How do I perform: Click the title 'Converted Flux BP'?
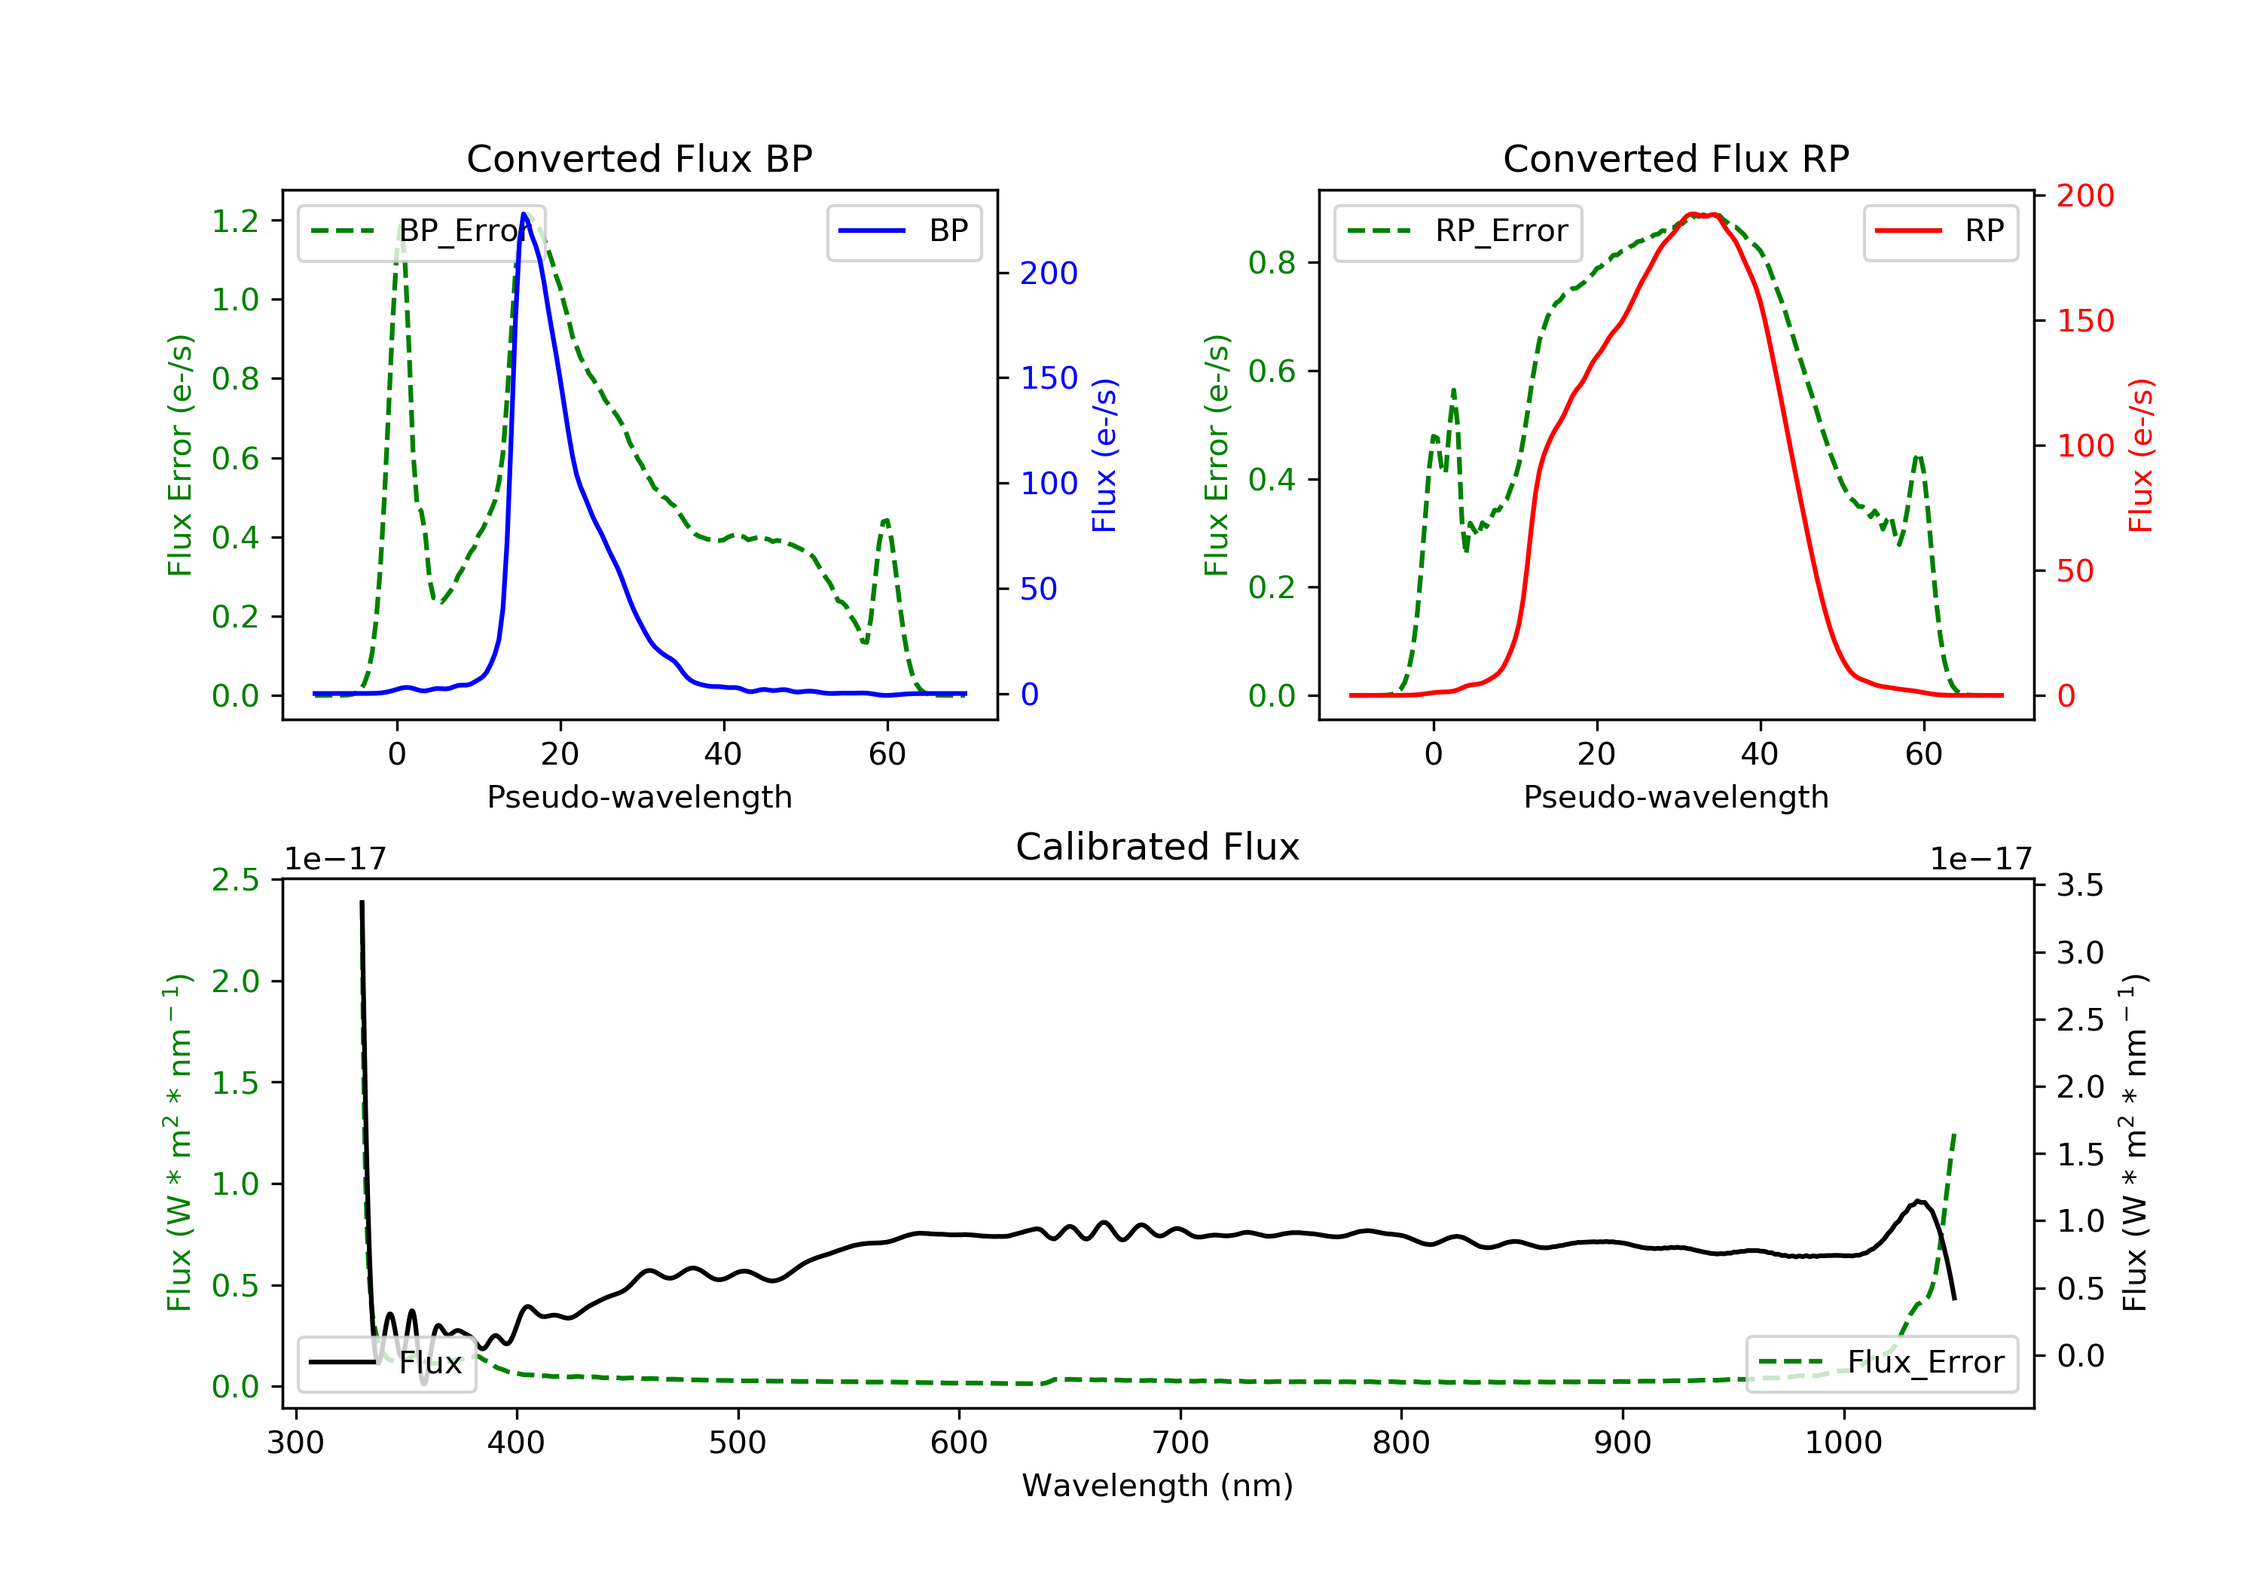(x=639, y=158)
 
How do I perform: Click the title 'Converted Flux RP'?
(x=1675, y=158)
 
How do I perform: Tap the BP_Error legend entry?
(x=420, y=231)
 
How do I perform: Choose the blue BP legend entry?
(x=903, y=231)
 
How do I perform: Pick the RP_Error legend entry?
(x=1457, y=231)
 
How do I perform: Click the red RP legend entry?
(x=1939, y=231)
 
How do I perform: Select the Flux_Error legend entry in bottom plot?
(x=1881, y=1363)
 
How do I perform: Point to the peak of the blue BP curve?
(x=524, y=214)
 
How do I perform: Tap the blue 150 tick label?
(x=1049, y=378)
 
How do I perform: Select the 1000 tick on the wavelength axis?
(x=1843, y=1443)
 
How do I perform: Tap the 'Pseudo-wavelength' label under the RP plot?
(x=1675, y=796)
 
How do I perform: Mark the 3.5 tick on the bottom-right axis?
(x=2080, y=885)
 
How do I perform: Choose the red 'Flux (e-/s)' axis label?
(x=2140, y=455)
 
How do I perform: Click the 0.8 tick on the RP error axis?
(x=1272, y=263)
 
